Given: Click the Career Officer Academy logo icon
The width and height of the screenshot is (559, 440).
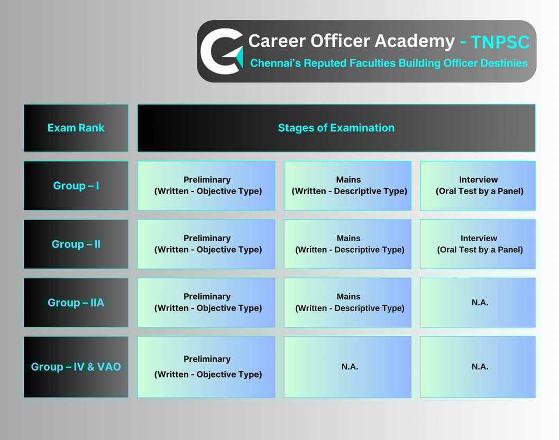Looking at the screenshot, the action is (222, 51).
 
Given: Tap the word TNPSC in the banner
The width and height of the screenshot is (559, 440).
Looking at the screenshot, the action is (500, 42).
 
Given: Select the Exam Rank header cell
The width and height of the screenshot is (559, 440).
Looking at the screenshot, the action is (76, 128).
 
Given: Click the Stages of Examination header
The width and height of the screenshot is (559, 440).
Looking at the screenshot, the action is (336, 128).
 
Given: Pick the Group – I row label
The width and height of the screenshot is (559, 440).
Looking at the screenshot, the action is (76, 186).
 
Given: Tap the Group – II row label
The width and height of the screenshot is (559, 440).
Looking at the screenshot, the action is (76, 244).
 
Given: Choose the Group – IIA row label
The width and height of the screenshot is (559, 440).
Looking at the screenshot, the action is (76, 302).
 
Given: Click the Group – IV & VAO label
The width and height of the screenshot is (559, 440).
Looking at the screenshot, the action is (76, 366).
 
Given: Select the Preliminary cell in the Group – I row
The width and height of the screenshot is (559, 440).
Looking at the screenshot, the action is (206, 186).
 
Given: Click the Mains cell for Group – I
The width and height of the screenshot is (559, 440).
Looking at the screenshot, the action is (347, 186).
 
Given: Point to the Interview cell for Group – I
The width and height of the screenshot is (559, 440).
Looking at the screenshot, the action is (478, 186).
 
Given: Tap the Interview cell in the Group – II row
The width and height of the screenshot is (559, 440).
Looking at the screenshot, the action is (478, 244).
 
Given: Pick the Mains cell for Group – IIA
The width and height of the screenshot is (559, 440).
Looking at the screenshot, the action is (347, 302).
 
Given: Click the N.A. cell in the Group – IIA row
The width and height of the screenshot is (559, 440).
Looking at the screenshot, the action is (478, 302).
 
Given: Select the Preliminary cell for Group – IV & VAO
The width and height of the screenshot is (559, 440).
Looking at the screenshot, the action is (206, 366).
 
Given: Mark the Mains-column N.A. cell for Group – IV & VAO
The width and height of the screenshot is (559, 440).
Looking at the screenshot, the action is (347, 366).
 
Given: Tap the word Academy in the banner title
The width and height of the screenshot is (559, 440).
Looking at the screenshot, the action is (415, 41).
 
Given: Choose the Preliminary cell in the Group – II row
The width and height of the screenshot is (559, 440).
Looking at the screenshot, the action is (206, 244).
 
